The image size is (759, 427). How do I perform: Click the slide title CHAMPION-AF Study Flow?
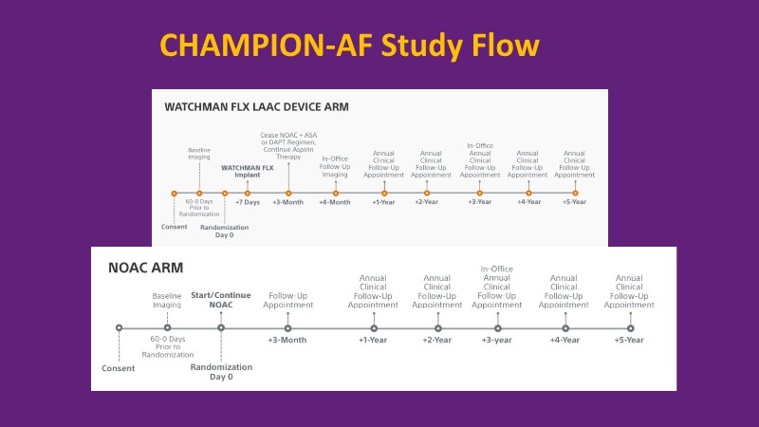coord(348,46)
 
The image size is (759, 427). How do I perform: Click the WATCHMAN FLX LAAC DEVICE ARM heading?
coord(257,106)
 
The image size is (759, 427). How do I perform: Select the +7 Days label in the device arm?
coord(247,202)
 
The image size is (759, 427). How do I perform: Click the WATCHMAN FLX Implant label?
coord(247,171)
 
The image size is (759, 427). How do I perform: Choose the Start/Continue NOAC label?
coord(222,299)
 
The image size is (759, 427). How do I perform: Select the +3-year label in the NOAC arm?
coord(496,340)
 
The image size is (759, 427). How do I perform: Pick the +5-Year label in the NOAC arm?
coord(629,340)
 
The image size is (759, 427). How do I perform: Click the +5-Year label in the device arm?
coord(575,202)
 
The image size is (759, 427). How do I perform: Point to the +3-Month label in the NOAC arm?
coord(287,340)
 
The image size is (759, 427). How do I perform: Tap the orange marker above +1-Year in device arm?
coord(384,193)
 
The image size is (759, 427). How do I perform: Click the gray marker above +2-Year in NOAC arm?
coord(436,327)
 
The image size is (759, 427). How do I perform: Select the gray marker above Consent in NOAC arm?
coord(119,327)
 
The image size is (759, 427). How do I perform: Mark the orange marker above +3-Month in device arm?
coord(288,193)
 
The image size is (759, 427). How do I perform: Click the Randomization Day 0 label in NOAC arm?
coord(221,371)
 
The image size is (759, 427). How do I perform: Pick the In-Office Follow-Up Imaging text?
coord(336,166)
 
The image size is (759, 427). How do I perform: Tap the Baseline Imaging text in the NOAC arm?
coord(167,302)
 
